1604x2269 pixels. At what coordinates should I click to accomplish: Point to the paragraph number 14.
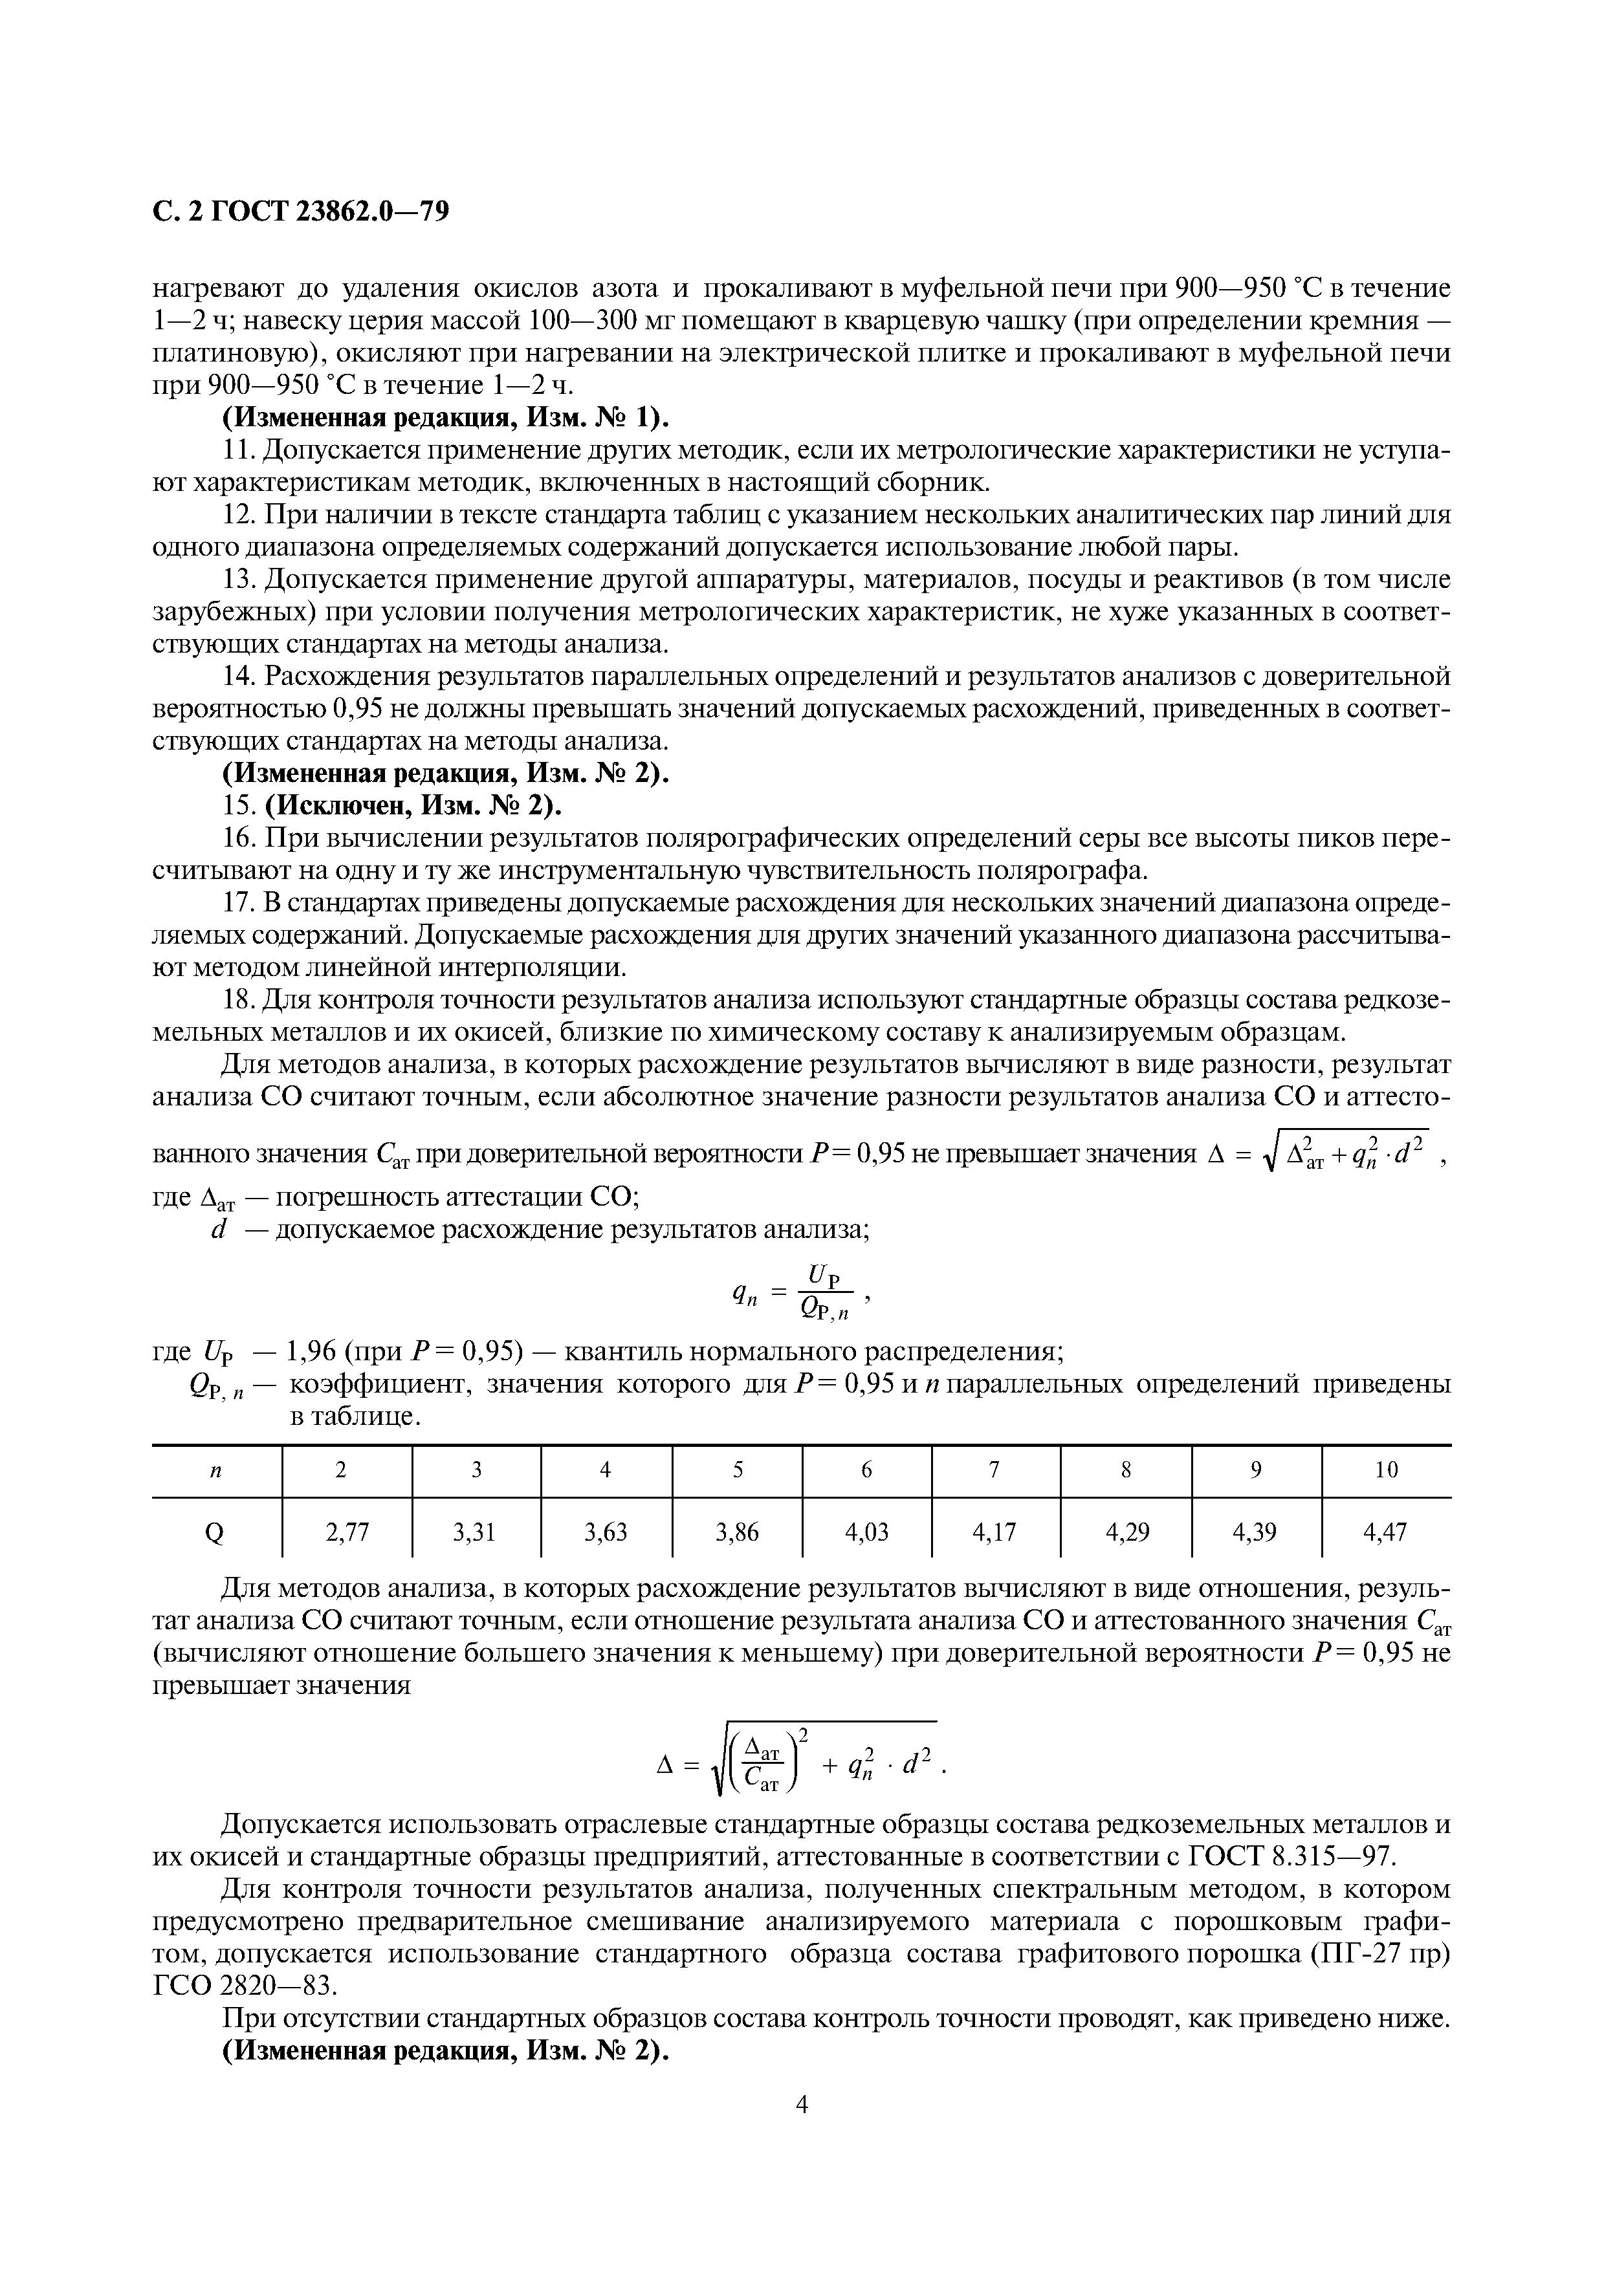click(237, 677)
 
